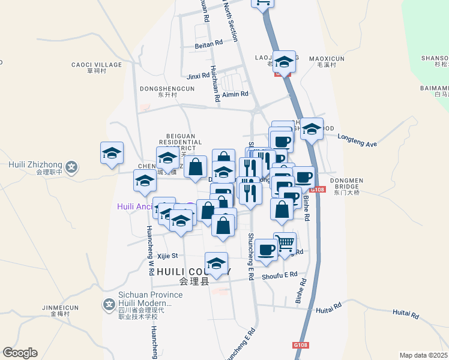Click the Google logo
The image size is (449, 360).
tap(20, 353)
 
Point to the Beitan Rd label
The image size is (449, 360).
tap(209, 44)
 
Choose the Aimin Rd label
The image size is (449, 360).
tap(235, 94)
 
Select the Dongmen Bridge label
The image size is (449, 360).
tap(346, 182)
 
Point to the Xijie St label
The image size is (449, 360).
tap(167, 256)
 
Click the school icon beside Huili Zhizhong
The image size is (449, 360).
tap(72, 167)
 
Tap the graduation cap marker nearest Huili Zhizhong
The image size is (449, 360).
tap(112, 154)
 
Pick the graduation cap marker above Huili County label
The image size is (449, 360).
tap(217, 263)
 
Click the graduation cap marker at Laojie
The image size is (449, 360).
tap(284, 61)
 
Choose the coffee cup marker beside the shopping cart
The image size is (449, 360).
tap(266, 249)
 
